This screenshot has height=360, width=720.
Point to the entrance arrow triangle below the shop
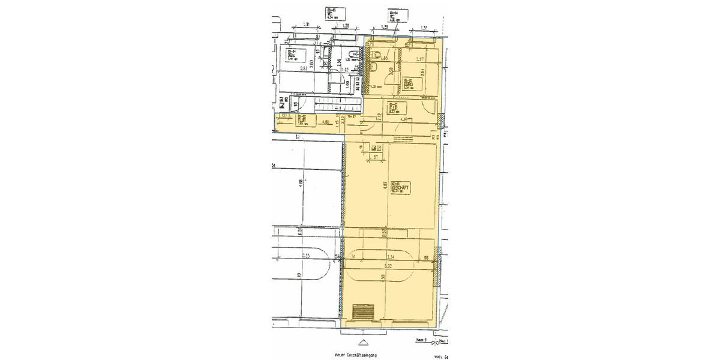pyautogui.click(x=362, y=343)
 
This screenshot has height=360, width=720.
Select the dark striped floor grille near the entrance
pyautogui.click(x=363, y=312)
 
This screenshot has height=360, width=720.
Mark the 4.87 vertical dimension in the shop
pyautogui.click(x=384, y=186)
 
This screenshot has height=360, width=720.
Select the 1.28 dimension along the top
pyautogui.click(x=346, y=26)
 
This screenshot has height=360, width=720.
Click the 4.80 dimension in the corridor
pyautogui.click(x=325, y=122)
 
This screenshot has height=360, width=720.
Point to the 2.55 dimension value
pyautogui.click(x=306, y=256)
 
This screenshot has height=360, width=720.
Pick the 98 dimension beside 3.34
pyautogui.click(x=425, y=257)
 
